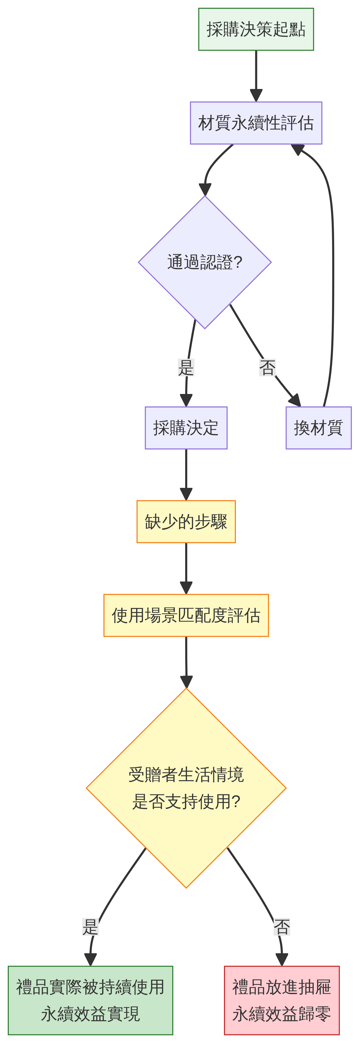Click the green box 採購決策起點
pos(256,29)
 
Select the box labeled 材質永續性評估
pos(256,123)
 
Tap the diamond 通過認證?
pos(205,262)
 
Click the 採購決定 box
pos(186,428)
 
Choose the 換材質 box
pos(318,428)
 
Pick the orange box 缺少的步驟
pos(186,521)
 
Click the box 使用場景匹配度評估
pos(186,615)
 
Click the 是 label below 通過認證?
pos(186,368)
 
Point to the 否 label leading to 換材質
pos(267,368)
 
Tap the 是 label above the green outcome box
pos(90,927)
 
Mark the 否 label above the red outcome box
pos(281,927)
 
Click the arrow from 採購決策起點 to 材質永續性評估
pos(256,75)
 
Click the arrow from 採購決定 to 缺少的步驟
pos(186,474)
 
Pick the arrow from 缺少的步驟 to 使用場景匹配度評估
pos(186,568)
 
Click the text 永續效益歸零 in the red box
pos(281,1014)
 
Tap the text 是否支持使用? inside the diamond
pos(186,802)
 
